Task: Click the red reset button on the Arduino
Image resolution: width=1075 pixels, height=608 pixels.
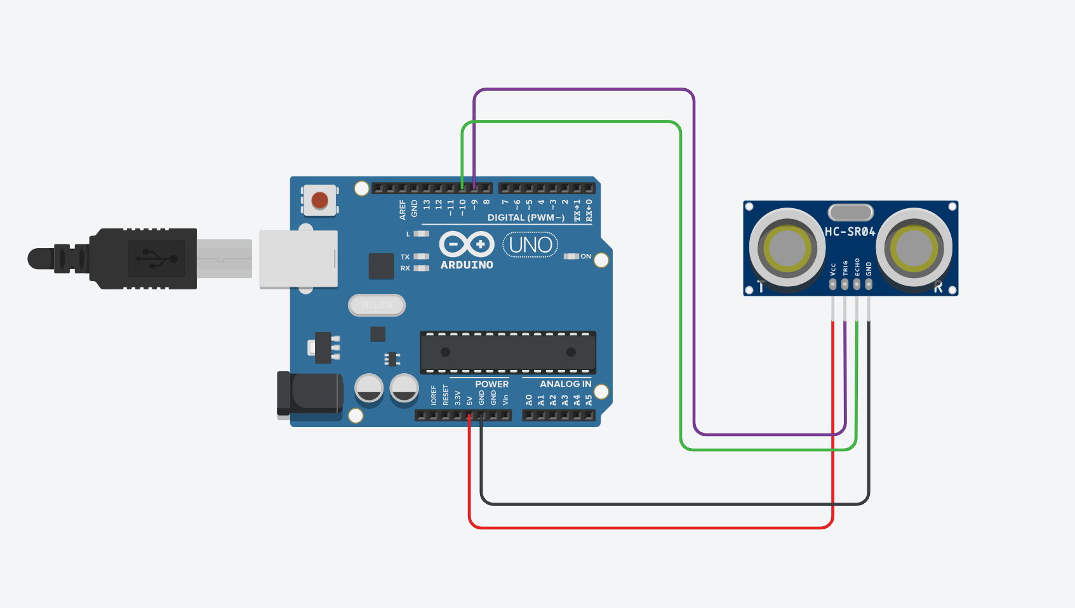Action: point(320,201)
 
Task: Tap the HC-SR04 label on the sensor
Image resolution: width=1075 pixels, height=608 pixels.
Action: point(850,232)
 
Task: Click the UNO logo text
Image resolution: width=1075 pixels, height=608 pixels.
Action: point(530,244)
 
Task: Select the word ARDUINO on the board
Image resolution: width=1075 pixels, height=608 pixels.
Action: point(467,265)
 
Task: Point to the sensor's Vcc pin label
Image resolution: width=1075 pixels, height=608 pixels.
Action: point(833,269)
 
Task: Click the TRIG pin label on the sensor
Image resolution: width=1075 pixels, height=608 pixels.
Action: point(845,268)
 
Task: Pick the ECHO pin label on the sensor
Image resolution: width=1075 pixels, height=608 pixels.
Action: point(857,267)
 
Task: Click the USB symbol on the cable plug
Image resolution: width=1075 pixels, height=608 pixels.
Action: point(156,258)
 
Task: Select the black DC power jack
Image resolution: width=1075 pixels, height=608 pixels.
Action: point(309,394)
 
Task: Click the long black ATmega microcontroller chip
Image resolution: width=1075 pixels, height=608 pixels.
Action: point(508,352)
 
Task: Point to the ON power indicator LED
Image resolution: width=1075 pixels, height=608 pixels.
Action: point(571,256)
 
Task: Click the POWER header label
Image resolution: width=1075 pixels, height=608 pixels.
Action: point(491,384)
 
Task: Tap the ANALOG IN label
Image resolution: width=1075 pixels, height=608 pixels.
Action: point(565,384)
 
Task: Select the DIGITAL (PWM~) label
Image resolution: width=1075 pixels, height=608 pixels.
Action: point(526,218)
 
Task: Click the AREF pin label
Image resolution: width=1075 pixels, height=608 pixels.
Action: point(403,210)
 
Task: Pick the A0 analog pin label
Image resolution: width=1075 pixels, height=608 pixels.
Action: point(529,400)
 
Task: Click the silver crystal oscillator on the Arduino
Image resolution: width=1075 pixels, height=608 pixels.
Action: point(377,305)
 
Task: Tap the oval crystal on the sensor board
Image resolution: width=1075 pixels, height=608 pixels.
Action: point(850,212)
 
